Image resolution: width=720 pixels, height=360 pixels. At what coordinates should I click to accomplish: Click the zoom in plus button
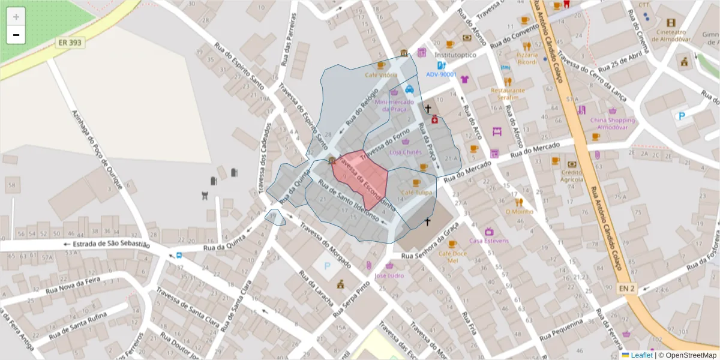[x=16, y=17]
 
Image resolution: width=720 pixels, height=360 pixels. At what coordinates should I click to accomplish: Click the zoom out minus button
[x=16, y=35]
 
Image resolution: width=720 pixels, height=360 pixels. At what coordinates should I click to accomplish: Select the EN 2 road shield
[x=627, y=289]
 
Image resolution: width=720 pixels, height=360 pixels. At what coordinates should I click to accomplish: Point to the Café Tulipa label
[x=416, y=192]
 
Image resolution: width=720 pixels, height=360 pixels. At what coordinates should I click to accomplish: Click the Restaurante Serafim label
[x=508, y=94]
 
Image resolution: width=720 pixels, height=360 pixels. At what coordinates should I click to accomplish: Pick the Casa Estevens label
[x=489, y=241]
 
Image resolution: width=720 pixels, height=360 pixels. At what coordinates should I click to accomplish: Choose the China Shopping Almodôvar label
[x=612, y=123]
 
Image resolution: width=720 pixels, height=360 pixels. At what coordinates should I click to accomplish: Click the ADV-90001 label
[x=442, y=74]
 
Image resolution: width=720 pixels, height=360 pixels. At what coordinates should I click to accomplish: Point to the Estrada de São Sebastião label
[x=111, y=244]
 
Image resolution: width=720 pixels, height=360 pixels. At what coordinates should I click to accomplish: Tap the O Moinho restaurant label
[x=519, y=211]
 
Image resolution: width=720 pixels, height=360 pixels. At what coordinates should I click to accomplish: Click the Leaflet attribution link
[x=641, y=355]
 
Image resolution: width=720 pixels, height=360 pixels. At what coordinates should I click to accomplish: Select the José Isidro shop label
[x=389, y=275]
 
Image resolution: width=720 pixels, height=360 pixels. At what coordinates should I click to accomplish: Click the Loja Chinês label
[x=406, y=152]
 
